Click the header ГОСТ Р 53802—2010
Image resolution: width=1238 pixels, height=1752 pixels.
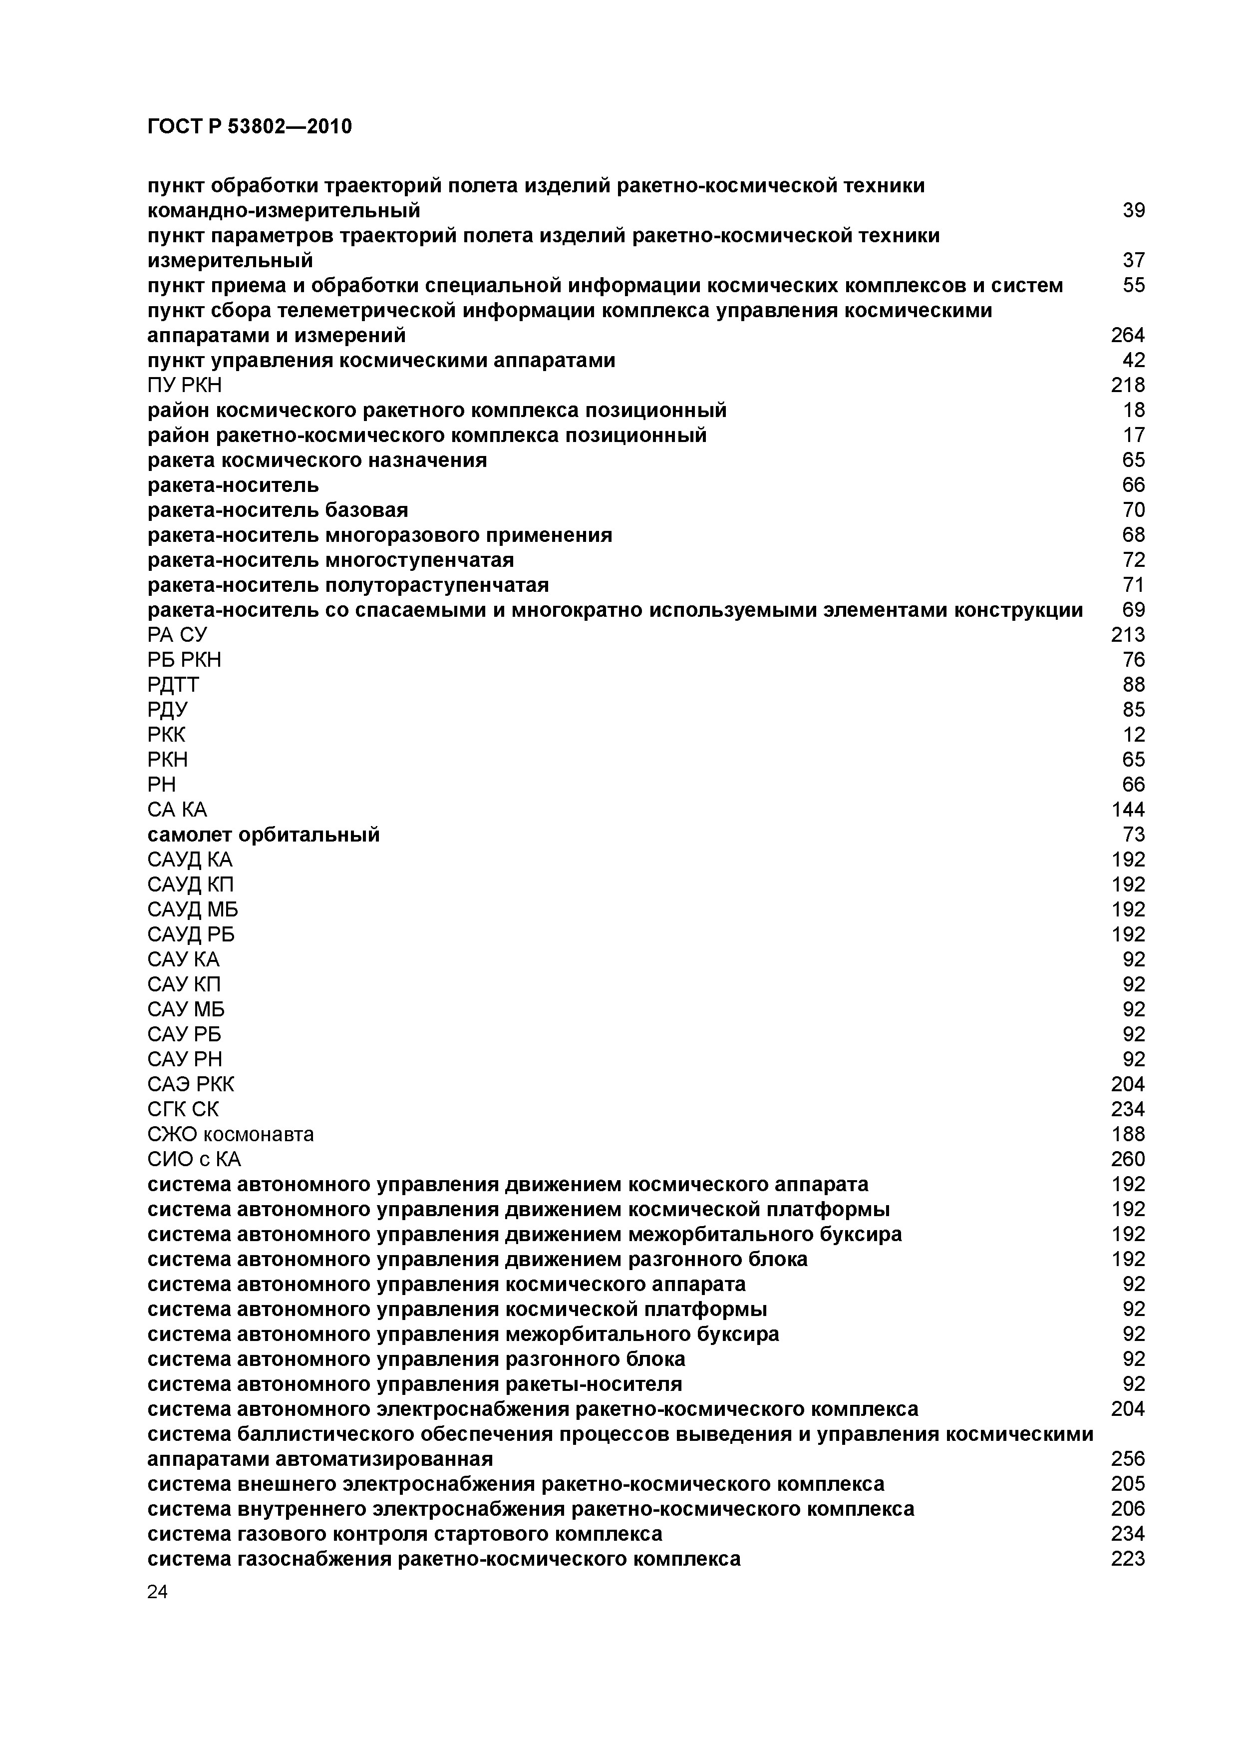coord(250,126)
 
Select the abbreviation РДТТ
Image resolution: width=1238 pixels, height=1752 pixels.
coord(173,685)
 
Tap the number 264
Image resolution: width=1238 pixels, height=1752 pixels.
coord(1127,335)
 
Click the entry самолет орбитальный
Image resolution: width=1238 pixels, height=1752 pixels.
coord(263,835)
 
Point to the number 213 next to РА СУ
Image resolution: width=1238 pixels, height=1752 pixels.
coord(1127,635)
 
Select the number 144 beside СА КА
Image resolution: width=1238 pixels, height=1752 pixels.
coord(1127,810)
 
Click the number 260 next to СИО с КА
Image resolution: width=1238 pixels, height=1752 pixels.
coord(1127,1159)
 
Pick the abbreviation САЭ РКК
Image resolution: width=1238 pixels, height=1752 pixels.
coord(191,1084)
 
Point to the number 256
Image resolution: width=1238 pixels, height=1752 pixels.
coord(1127,1459)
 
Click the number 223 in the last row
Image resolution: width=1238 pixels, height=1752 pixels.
coord(1127,1559)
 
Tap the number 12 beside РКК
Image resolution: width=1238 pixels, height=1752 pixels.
coord(1134,735)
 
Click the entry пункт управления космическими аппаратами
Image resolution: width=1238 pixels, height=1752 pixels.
coord(380,360)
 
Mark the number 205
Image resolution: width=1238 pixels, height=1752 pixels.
coord(1127,1484)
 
